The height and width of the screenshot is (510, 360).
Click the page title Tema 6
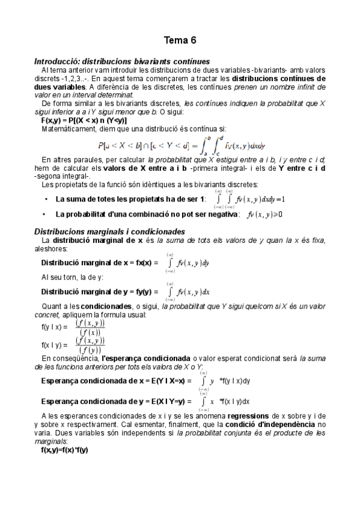(x=180, y=41)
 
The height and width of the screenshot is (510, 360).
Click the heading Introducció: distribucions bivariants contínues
(x=122, y=61)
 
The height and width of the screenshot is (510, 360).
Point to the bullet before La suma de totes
(x=46, y=199)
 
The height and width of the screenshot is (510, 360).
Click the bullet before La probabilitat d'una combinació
(x=46, y=214)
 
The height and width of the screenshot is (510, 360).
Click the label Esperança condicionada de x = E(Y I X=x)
(x=117, y=381)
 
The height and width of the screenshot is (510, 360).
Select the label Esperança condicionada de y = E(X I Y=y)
(x=117, y=401)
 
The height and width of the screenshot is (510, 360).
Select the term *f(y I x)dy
(x=235, y=381)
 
